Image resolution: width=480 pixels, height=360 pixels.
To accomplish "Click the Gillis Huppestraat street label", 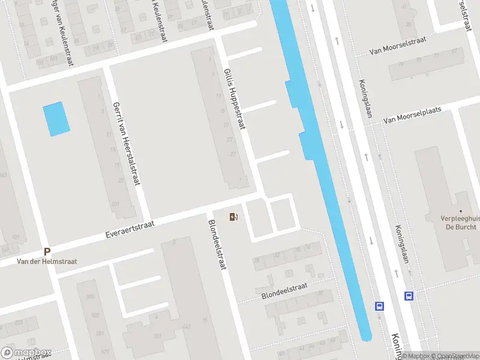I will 235,98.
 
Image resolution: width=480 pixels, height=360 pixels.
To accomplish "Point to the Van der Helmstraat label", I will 47,262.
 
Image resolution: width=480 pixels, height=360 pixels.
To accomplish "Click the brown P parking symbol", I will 47,252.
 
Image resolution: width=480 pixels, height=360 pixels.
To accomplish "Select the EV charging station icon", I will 233,217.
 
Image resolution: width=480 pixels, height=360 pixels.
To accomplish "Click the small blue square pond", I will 56,118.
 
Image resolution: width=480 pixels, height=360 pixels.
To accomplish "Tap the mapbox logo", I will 26,353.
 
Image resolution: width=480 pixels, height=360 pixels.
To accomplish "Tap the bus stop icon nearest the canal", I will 380,305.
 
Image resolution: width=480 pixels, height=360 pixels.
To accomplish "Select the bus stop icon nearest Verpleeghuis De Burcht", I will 409,296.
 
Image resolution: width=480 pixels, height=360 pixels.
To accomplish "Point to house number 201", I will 115,204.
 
